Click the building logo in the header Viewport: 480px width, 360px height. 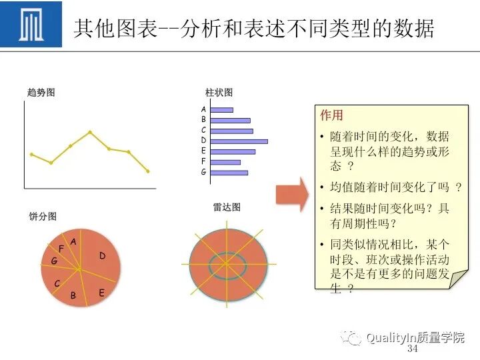31,25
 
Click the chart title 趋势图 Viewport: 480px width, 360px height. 41,93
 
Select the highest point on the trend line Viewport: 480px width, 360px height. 90,132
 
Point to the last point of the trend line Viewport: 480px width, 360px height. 148,171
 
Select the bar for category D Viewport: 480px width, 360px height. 239,141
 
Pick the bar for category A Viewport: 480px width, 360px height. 221,109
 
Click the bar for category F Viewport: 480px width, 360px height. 225,162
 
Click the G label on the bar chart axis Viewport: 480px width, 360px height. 203,172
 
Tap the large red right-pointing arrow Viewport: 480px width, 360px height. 292,194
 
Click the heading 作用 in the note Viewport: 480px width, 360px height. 331,115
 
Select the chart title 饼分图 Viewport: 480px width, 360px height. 43,216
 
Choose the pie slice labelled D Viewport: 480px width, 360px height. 102,255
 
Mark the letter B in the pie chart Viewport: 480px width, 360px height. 73,295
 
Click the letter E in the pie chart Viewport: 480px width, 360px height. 101,292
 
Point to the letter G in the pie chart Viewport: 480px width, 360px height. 54,261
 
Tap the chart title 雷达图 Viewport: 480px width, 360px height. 227,207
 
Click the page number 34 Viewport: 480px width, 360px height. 412,349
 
